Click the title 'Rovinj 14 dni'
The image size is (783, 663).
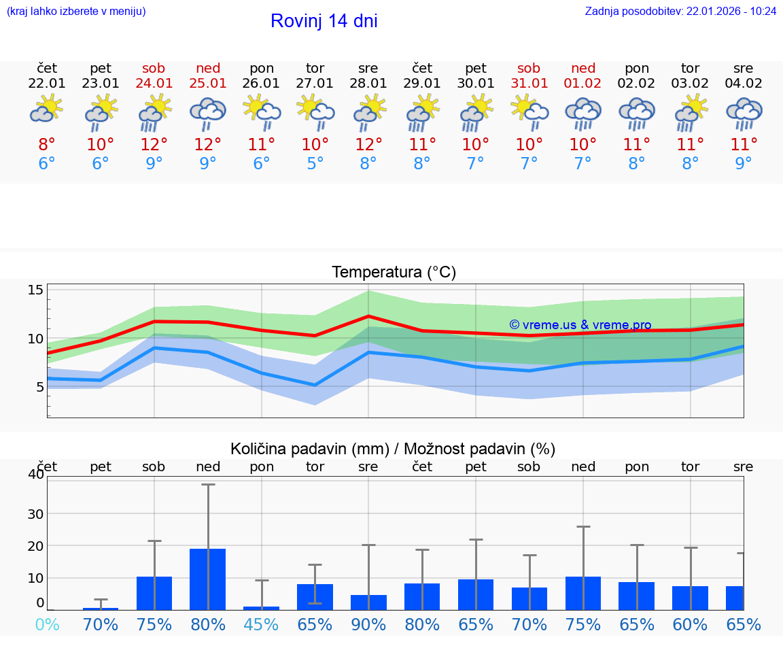(x=324, y=21)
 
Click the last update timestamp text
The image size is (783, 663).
(x=680, y=12)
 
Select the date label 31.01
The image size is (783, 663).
(x=529, y=84)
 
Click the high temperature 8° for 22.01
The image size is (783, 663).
(x=47, y=145)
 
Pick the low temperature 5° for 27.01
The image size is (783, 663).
(x=315, y=164)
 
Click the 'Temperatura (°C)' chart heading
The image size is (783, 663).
(x=394, y=273)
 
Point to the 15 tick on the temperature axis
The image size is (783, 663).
(x=35, y=290)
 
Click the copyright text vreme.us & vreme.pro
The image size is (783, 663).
(x=580, y=325)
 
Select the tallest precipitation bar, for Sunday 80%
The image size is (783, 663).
(x=207, y=579)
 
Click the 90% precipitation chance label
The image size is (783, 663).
(x=368, y=624)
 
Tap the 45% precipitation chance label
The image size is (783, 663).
(x=262, y=624)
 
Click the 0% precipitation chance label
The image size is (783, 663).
(x=47, y=624)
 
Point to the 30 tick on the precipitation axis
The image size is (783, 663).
(x=35, y=513)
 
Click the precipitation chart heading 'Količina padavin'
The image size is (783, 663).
(x=393, y=449)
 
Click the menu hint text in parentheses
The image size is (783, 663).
(x=76, y=12)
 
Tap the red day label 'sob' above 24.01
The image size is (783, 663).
(x=154, y=68)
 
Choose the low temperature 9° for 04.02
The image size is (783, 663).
(x=744, y=164)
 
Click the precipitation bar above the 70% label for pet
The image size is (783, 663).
(x=101, y=609)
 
